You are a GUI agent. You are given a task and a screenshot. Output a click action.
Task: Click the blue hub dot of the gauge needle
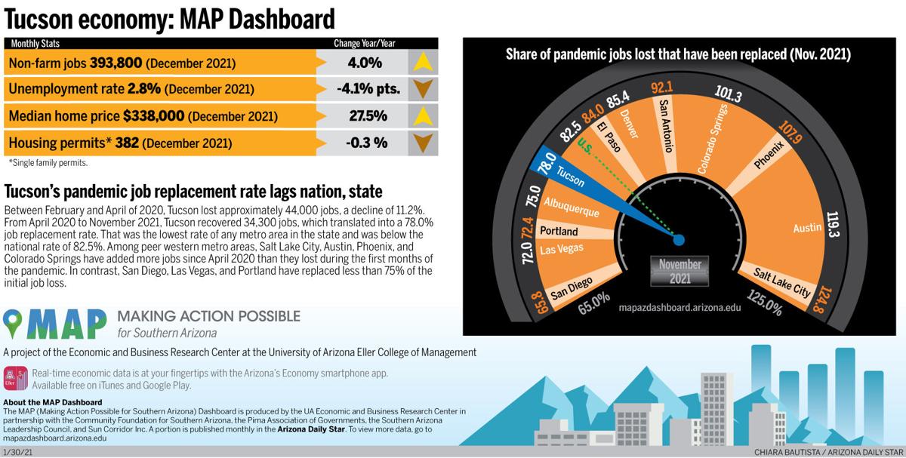678,240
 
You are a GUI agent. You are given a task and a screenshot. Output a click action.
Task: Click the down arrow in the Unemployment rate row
423,89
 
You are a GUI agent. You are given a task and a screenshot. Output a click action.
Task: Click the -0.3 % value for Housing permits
362,143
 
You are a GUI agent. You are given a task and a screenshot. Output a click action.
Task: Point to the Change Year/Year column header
364,43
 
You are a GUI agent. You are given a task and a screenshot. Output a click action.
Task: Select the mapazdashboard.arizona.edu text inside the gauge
679,308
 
